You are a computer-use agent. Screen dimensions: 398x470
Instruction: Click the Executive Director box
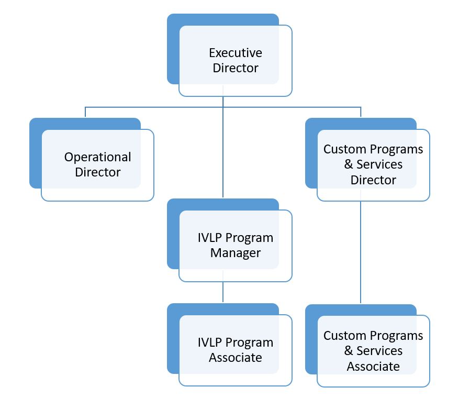point(235,60)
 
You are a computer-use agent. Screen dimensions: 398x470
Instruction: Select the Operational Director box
point(97,164)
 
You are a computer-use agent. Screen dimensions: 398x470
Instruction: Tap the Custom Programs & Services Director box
point(373,164)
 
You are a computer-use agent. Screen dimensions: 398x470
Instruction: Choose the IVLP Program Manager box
point(235,245)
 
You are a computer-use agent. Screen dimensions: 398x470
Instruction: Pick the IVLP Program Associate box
point(235,350)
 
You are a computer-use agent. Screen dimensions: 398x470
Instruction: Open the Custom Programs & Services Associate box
point(373,350)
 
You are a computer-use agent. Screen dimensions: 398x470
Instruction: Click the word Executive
point(236,53)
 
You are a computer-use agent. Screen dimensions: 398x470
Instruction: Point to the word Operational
point(98,157)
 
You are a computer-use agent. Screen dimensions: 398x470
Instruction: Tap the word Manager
point(236,253)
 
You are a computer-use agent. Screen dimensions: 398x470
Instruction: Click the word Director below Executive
point(236,68)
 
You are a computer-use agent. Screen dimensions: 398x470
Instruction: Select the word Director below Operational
point(98,172)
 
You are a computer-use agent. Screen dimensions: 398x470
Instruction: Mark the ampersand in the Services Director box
point(349,164)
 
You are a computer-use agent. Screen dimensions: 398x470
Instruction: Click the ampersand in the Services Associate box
point(349,351)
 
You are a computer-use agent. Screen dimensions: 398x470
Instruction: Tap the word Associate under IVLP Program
point(236,358)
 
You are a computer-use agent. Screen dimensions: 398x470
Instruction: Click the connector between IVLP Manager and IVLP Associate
point(223,292)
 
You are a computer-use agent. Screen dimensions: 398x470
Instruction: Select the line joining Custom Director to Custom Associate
point(361,251)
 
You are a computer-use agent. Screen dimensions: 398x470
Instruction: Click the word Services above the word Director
point(379,164)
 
